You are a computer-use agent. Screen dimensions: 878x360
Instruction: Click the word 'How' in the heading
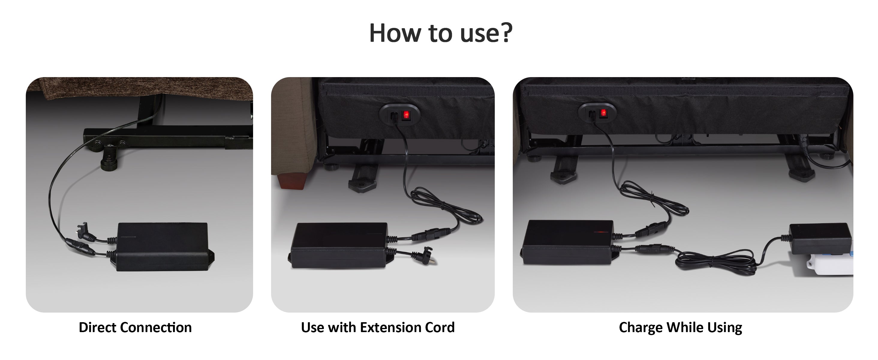pos(396,33)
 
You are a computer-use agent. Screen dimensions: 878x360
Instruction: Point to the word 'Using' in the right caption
pos(725,328)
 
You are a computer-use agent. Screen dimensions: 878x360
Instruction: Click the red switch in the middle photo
pos(406,115)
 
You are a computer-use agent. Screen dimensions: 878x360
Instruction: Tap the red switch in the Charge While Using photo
pos(603,113)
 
